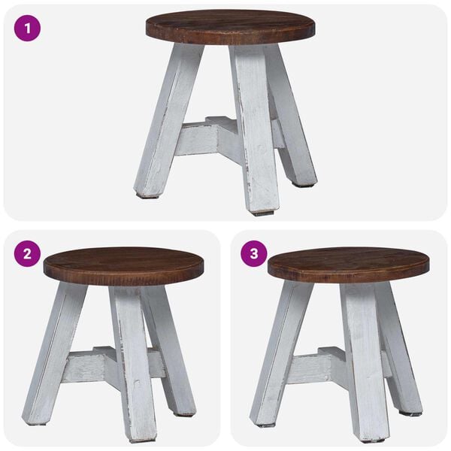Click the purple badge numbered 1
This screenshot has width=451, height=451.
pos(28,29)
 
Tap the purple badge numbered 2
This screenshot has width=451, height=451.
pos(28,253)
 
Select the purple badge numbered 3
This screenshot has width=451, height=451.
pos(253,253)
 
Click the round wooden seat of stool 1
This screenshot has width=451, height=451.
pos(230,26)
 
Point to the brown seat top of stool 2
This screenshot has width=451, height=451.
pos(124,265)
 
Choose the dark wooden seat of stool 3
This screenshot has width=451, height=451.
pos(348,264)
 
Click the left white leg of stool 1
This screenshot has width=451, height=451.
pos(167,120)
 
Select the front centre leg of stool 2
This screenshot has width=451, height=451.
pos(133,361)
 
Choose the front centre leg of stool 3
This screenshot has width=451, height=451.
pos(366,361)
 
